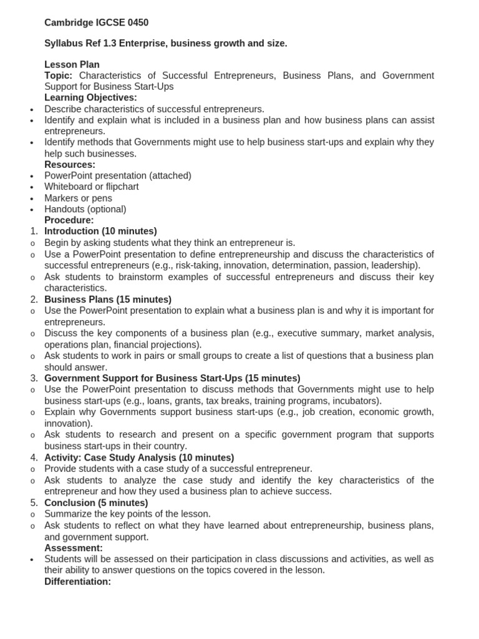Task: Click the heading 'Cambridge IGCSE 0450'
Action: [x=96, y=22]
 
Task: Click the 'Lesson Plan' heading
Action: [x=72, y=64]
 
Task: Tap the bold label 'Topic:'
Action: [x=59, y=76]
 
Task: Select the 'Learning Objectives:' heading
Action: [x=90, y=97]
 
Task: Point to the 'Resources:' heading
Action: [x=70, y=165]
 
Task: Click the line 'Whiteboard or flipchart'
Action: [x=91, y=187]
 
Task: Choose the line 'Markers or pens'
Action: [x=78, y=198]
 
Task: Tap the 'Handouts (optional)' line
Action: [x=85, y=209]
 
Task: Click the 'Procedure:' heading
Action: [x=69, y=220]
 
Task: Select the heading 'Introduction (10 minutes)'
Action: [x=100, y=232]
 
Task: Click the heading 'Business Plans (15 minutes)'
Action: [x=108, y=300]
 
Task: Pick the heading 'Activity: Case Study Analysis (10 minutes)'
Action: [x=139, y=457]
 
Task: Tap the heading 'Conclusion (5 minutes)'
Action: [x=96, y=503]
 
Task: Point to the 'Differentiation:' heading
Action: [x=77, y=582]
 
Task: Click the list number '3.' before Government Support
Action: [x=34, y=378]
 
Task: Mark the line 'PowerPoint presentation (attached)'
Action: [x=118, y=175]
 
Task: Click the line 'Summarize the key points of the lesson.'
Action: [x=127, y=514]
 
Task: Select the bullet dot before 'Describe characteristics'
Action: [x=32, y=110]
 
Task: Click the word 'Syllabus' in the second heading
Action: [x=63, y=43]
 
